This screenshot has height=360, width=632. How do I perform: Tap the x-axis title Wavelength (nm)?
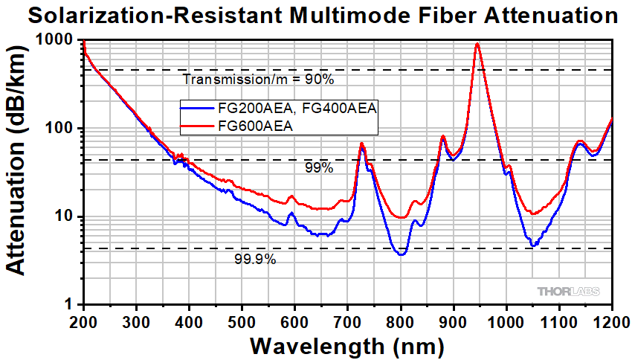[x=347, y=346]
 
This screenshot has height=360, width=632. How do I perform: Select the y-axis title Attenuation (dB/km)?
[x=19, y=173]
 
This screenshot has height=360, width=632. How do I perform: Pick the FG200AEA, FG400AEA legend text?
[x=297, y=109]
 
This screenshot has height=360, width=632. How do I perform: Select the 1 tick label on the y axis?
[x=73, y=305]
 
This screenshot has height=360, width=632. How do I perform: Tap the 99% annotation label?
[x=318, y=168]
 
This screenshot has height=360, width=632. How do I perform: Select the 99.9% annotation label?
[x=255, y=260]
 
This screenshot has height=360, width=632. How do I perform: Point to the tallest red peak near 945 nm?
[x=477, y=44]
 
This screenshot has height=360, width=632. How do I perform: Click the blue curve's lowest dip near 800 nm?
[x=401, y=254]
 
